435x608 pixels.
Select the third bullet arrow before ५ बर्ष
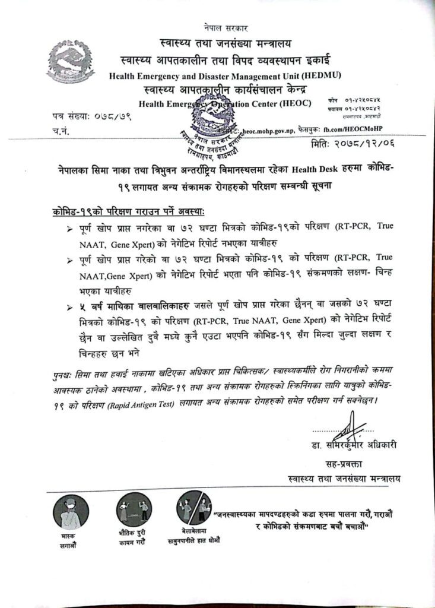71,306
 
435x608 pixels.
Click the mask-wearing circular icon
71,512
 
